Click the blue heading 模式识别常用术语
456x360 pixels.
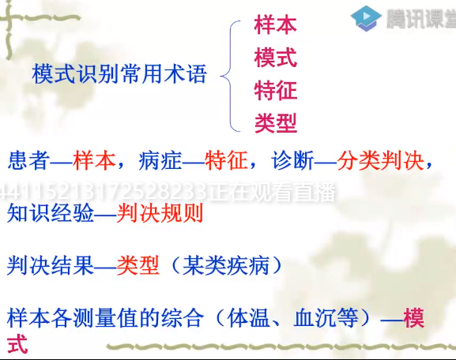point(119,73)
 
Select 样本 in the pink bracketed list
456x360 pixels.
point(275,25)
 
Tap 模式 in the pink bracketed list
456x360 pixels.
point(275,58)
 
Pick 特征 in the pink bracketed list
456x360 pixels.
point(275,91)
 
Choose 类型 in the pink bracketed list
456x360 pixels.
point(275,123)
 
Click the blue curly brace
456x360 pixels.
point(230,76)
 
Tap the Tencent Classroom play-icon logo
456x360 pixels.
point(366,18)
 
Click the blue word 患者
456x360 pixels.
point(29,160)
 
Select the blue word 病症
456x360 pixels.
point(160,160)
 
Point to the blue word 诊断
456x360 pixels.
point(293,160)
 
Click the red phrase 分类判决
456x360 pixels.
point(380,160)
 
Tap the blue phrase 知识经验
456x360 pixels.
point(51,213)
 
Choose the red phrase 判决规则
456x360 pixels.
point(160,213)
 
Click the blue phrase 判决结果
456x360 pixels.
point(51,265)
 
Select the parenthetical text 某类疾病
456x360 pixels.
point(226,265)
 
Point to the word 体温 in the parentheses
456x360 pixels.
point(249,318)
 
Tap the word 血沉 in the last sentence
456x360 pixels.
point(315,318)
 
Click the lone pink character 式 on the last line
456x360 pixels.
point(17,344)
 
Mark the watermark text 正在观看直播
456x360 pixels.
point(272,193)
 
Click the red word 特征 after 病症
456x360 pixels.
point(226,160)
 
